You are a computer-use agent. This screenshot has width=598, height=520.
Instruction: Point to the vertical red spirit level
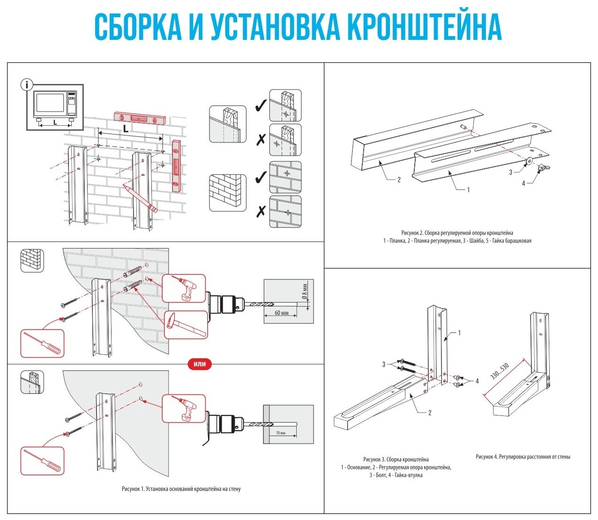(176, 166)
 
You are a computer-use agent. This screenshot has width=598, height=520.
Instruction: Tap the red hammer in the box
(186, 324)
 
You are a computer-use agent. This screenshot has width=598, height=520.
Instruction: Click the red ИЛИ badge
(200, 364)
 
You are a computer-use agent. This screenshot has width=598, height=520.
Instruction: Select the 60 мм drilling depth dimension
(281, 313)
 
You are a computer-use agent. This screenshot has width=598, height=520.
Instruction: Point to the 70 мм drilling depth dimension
(280, 433)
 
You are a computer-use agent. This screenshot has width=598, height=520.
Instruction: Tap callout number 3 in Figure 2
(511, 172)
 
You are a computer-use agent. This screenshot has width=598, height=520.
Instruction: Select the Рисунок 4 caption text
(523, 456)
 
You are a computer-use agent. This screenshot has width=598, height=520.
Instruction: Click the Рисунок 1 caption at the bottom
(181, 489)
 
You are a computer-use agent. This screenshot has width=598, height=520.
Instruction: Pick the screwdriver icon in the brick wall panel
(42, 343)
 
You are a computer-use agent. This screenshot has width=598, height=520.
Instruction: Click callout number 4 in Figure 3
(477, 381)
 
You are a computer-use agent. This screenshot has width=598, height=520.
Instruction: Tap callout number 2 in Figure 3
(429, 413)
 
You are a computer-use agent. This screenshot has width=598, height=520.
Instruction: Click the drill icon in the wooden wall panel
(183, 408)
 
